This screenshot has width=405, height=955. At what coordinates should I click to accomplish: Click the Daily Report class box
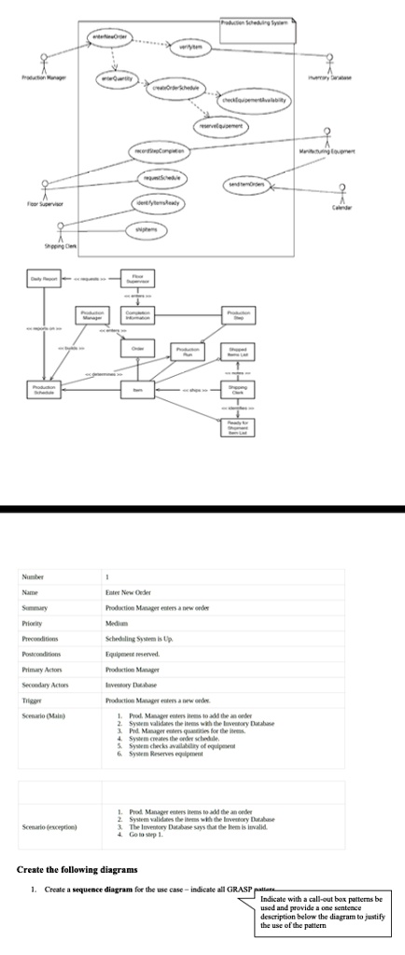point(45,278)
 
